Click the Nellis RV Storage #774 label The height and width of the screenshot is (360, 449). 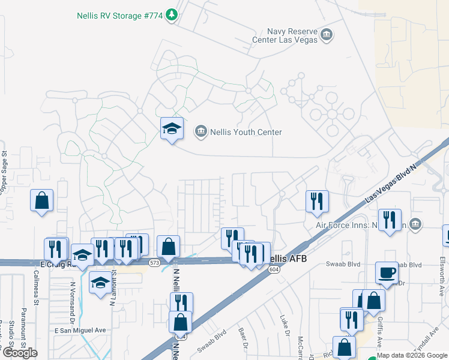tap(120, 15)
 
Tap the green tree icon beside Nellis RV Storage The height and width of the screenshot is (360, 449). tap(172, 14)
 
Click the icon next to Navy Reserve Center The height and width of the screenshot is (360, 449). tap(327, 35)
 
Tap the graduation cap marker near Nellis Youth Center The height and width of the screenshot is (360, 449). tap(172, 128)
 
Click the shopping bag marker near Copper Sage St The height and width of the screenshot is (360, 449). tap(42, 200)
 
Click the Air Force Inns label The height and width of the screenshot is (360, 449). tap(354, 226)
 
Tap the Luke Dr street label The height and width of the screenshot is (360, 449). tap(286, 326)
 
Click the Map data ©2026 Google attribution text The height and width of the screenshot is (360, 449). tap(412, 355)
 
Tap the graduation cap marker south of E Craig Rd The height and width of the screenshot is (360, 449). tap(100, 282)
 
